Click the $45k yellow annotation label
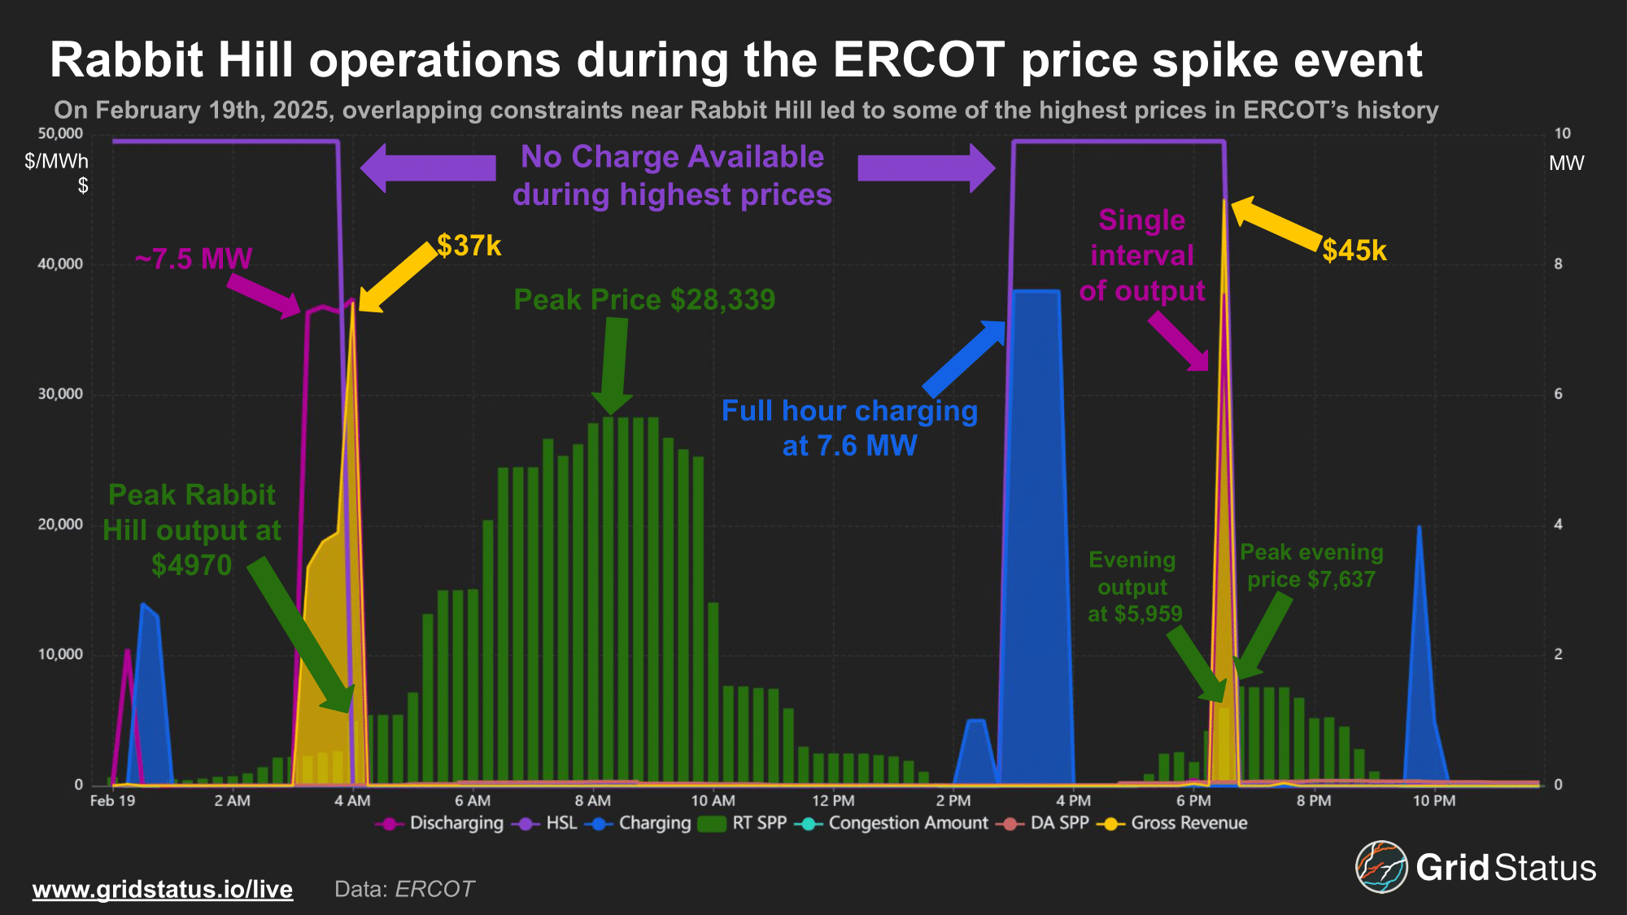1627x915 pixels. [1354, 251]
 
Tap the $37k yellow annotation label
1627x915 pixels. [469, 246]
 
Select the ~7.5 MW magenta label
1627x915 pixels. [194, 259]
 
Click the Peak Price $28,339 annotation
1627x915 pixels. [644, 300]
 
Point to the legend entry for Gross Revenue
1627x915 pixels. [1188, 823]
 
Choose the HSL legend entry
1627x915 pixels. [561, 823]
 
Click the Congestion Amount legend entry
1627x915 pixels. [907, 823]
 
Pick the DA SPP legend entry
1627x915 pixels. [1058, 823]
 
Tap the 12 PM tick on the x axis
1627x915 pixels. [833, 801]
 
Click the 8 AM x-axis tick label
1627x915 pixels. [593, 801]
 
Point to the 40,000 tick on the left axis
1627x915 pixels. [60, 264]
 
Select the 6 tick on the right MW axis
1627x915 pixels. [1558, 394]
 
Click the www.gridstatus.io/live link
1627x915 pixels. [163, 889]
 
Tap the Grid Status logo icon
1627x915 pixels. [1381, 867]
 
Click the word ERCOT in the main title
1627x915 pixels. [918, 60]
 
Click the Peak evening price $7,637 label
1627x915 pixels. [1311, 566]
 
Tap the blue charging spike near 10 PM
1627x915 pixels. [1420, 651]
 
